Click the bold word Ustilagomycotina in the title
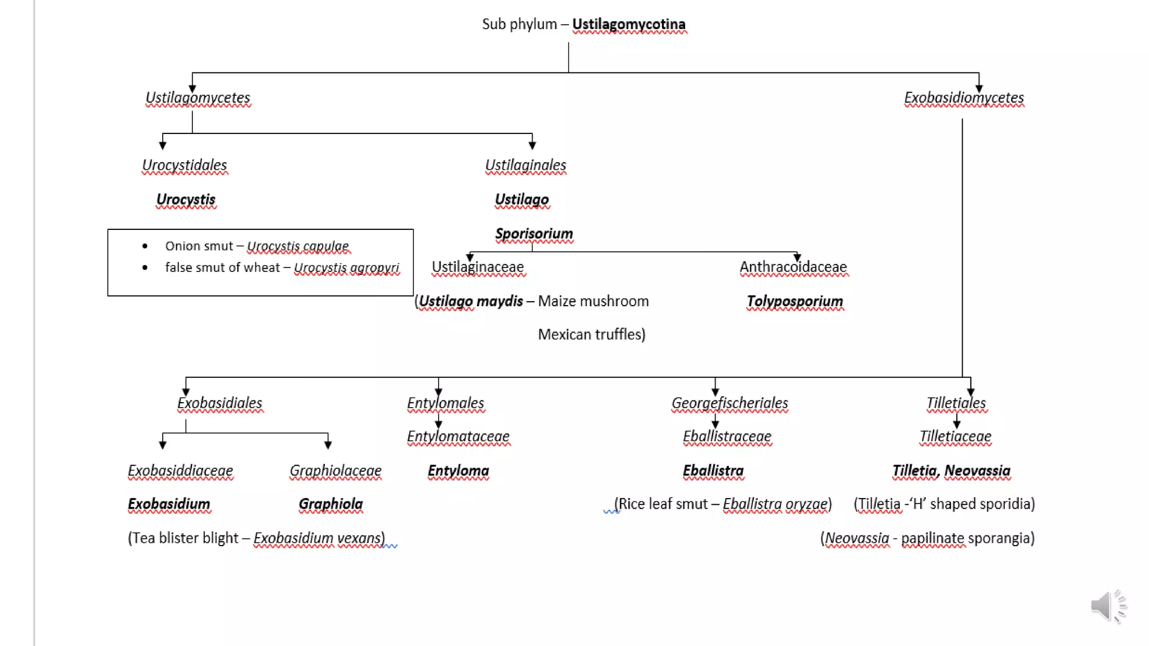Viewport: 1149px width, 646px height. (628, 25)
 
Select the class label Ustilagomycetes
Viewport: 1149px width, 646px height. (197, 98)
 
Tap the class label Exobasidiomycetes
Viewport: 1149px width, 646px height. (964, 98)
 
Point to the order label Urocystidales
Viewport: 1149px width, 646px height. (185, 165)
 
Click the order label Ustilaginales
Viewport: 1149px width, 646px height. (526, 165)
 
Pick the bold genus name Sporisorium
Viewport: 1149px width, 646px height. (534, 234)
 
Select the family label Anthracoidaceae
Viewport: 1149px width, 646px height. (793, 267)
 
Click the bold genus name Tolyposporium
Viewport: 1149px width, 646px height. (795, 302)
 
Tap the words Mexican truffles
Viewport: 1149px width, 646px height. (591, 335)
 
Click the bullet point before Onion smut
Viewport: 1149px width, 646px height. (145, 246)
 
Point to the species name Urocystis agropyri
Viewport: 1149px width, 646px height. (347, 268)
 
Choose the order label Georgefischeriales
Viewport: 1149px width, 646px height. (729, 403)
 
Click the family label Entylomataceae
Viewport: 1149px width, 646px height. (458, 436)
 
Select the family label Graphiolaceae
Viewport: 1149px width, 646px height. (335, 471)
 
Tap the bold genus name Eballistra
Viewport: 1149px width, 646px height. (713, 471)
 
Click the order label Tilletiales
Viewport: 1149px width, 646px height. (956, 403)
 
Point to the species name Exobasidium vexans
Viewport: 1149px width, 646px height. (318, 538)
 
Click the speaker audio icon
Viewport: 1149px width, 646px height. (1107, 606)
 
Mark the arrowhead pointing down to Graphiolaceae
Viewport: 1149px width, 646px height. (328, 445)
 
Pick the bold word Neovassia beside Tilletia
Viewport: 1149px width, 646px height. (977, 471)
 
